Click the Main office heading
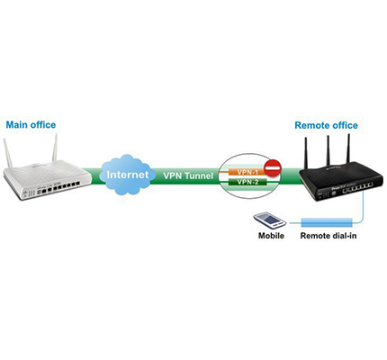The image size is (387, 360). coord(31,125)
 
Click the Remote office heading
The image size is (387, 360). coord(326,125)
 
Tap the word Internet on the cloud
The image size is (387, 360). coord(128,175)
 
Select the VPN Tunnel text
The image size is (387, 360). coord(188,175)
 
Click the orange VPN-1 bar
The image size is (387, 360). coord(247,172)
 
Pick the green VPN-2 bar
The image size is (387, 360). coord(247,182)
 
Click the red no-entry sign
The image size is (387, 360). coord(272,168)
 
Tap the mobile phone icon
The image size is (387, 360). coord(270,220)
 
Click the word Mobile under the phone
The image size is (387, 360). coord(271,236)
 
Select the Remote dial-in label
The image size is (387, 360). coord(328,236)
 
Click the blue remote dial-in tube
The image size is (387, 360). coord(327,222)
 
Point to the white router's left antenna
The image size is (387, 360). coord(8,153)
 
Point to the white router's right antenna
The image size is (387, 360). coord(55,148)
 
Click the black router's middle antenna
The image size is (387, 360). coord(328,151)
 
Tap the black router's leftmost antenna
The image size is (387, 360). coord(305,153)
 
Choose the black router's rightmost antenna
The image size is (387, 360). coord(348,148)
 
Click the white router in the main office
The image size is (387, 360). coord(47,179)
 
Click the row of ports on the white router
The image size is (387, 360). coord(58,188)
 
